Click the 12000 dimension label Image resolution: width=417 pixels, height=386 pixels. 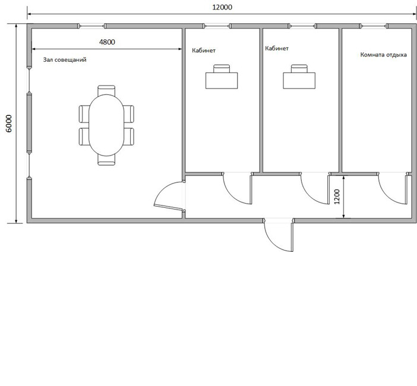coord(222,7)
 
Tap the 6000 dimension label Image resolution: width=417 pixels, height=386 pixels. coord(9,124)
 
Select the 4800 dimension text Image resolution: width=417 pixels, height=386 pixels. coord(107,42)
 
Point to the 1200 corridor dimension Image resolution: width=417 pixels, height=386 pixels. coord(337,197)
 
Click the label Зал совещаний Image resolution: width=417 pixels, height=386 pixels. coord(65,59)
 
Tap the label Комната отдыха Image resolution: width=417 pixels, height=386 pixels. coord(384,55)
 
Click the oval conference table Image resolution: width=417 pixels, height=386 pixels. coord(106,125)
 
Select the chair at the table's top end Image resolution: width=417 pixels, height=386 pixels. coord(106,90)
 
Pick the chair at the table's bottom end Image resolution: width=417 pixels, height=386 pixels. coord(106,160)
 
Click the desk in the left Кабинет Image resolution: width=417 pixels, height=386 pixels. coord(222,81)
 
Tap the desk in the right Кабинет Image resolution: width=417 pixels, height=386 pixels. coord(299,81)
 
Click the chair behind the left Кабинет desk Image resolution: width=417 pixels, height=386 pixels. coord(222,68)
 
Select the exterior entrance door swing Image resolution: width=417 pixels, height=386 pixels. coord(279,235)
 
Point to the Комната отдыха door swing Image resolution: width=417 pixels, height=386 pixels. coord(393,189)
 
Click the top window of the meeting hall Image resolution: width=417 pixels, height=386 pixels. coord(91,26)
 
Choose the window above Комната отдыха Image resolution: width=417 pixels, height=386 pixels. coord(374,26)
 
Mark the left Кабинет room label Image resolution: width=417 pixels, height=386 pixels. coord(204,50)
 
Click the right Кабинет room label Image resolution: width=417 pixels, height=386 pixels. coord(277,48)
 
